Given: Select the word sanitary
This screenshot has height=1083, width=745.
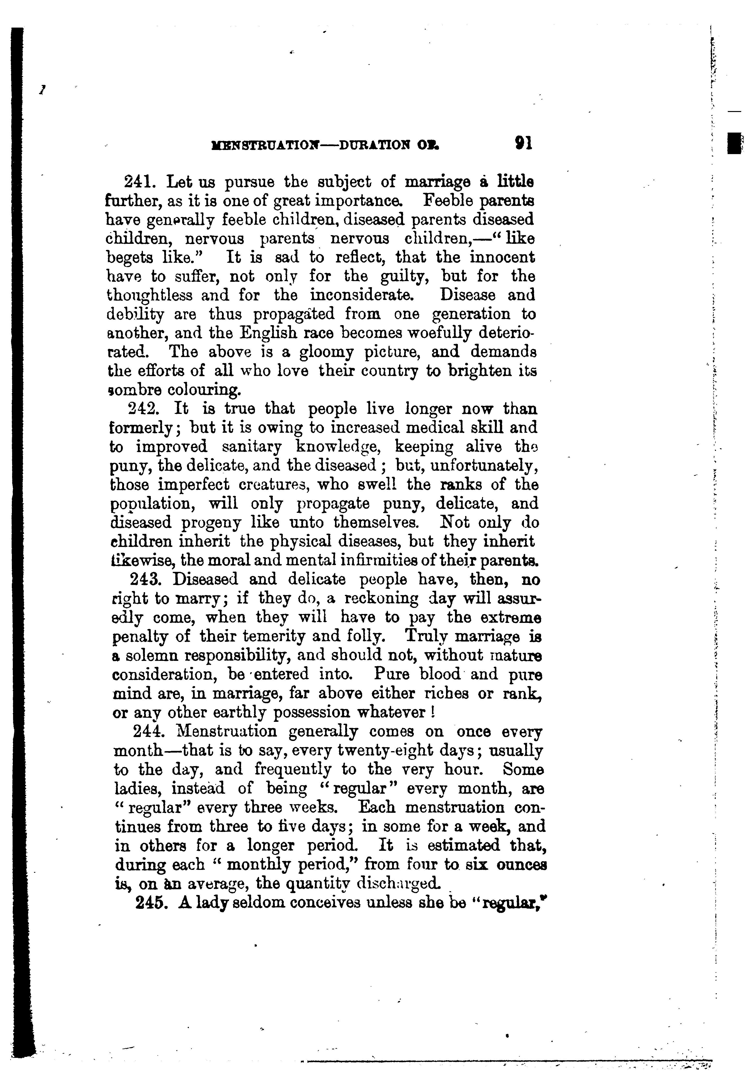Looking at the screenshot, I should point(252,447).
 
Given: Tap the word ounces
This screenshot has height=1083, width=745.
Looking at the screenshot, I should point(521,865).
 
